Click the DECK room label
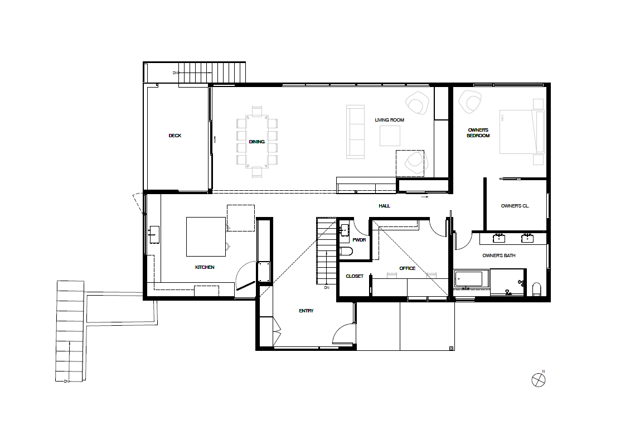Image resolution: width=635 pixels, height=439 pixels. coord(175,136)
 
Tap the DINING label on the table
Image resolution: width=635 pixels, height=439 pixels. coord(257,142)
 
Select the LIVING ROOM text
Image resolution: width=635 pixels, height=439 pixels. coord(390,120)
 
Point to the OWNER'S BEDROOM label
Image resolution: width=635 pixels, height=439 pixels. coord(478,133)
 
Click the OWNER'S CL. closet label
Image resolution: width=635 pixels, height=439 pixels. coord(515,206)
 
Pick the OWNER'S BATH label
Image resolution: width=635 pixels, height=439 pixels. coord(499,256)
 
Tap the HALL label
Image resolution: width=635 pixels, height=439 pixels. coord(384,206)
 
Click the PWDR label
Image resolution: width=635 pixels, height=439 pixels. coord(359,240)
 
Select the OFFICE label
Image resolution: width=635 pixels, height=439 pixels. coord(408,268)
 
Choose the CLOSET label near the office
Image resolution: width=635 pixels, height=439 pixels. coord(355,277)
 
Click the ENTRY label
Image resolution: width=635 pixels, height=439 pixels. coord(306,311)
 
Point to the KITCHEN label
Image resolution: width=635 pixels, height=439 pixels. coord(205,268)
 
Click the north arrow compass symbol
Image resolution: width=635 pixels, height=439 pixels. coord(539,380)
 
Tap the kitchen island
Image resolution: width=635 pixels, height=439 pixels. coord(206,237)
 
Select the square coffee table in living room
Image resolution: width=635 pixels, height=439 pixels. coord(390,136)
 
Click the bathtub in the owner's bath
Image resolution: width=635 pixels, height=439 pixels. coord(469,279)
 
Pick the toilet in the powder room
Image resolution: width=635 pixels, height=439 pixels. coord(346,252)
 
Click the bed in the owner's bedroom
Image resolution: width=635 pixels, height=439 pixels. coord(522,132)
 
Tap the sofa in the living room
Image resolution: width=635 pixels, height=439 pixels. coord(355,132)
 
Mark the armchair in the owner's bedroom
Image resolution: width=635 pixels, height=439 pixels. coord(470,102)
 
